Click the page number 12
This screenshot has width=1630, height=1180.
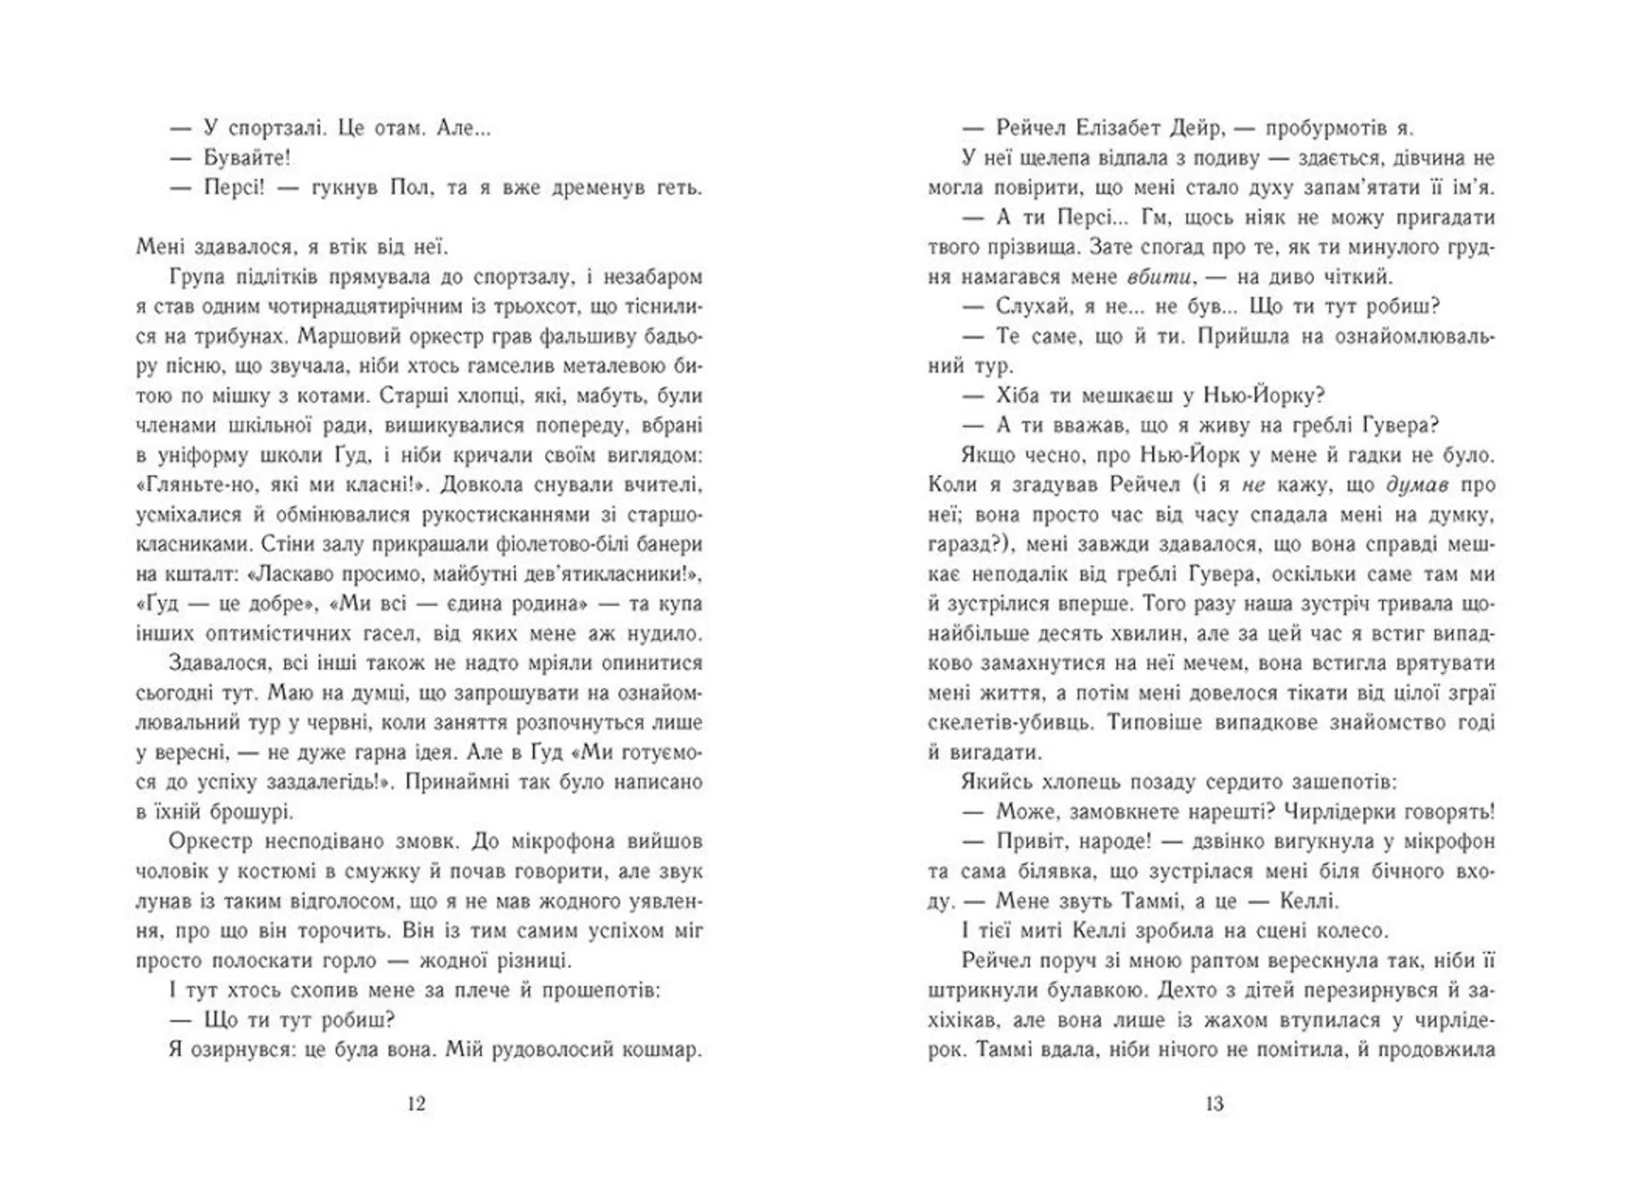pyautogui.click(x=416, y=1104)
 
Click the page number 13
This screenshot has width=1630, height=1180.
pyautogui.click(x=1214, y=1104)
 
